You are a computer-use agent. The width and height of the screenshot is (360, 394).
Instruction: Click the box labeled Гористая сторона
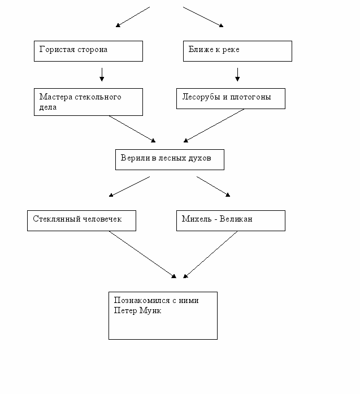point(88,51)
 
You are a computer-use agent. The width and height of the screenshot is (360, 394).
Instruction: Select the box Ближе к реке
point(237,51)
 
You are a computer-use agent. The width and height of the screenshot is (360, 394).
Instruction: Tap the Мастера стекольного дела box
point(88,102)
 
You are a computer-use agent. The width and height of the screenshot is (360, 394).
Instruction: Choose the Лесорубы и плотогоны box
point(231,98)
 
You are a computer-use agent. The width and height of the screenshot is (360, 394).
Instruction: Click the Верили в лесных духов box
point(170,159)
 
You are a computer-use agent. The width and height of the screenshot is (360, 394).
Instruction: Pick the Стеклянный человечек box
point(81,220)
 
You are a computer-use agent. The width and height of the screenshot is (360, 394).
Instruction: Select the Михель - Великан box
point(231,220)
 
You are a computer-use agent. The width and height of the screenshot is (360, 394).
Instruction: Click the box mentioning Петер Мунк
point(163,315)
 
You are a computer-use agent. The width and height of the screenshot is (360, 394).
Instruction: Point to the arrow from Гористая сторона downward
point(102,75)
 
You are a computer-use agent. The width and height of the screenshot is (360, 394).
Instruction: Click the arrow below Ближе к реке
point(237,75)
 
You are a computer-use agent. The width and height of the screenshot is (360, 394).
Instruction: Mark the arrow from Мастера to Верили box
point(132,129)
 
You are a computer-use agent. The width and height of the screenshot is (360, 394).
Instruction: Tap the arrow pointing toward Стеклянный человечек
point(129,187)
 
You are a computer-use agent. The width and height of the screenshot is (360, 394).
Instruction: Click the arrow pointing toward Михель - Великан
point(213,187)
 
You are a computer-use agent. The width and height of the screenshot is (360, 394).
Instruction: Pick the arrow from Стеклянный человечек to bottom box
point(142,254)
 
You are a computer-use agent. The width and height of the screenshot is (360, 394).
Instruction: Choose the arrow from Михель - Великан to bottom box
point(210,254)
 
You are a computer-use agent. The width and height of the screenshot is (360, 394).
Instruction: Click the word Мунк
point(150,310)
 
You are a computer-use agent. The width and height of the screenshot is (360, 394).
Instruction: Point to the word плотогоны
point(250,97)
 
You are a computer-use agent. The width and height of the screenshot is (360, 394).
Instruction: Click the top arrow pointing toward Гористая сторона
point(133,17)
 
